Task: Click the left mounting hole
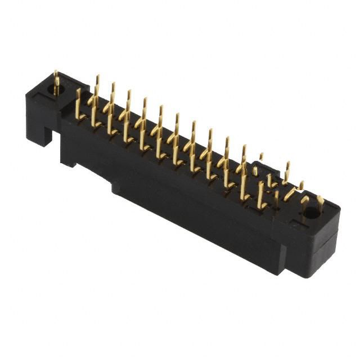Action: click(x=57, y=89)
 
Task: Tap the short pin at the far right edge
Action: click(x=320, y=202)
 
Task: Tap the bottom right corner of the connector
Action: click(x=306, y=276)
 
